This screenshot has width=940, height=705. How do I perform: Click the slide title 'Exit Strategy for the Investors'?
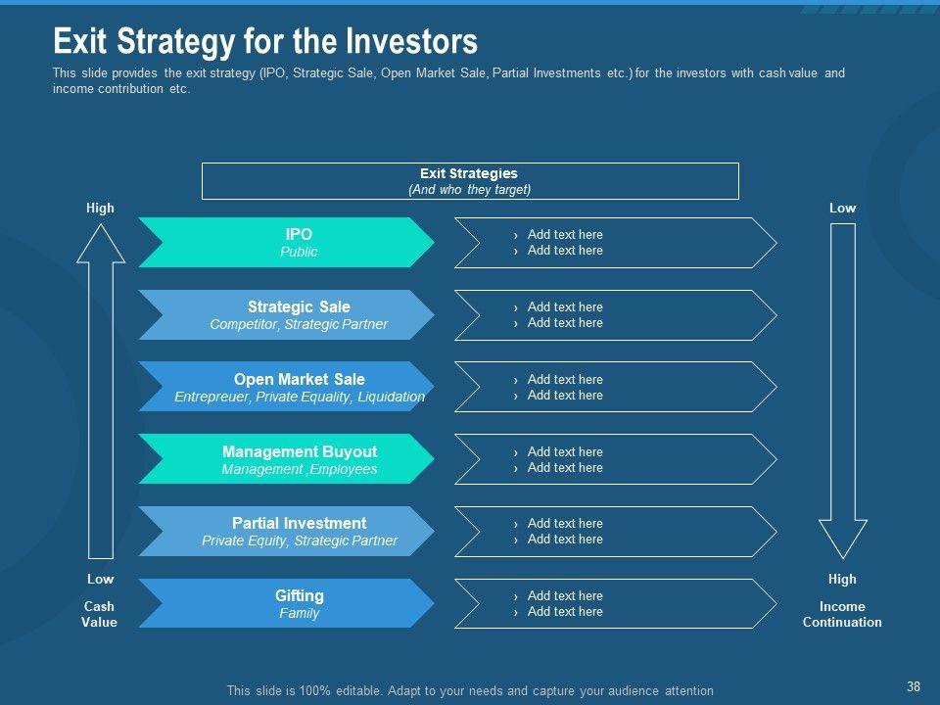point(265,41)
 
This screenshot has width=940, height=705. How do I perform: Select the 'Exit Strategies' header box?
point(470,181)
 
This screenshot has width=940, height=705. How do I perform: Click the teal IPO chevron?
point(286,242)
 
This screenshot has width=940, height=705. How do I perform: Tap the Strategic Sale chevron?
point(286,314)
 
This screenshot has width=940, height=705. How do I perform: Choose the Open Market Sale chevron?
point(286,387)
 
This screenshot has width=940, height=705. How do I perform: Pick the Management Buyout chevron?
point(286,458)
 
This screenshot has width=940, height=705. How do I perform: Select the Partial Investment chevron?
point(286,531)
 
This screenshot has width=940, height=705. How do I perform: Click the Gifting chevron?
point(286,603)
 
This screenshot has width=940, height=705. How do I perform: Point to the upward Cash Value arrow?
point(101,391)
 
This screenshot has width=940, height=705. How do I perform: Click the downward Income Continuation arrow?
point(843,391)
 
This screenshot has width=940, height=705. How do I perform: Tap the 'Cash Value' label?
point(99,614)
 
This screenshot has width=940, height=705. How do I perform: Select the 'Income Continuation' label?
point(842,614)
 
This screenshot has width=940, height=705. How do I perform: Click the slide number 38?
point(913,686)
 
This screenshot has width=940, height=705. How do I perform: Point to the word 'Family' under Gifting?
point(300,613)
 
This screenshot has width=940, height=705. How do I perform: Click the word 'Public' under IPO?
point(299,252)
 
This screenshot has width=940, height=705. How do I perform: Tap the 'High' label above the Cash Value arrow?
point(100,208)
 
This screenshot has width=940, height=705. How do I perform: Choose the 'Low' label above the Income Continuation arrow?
point(842,208)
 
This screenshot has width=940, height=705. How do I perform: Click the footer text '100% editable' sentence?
point(470,690)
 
